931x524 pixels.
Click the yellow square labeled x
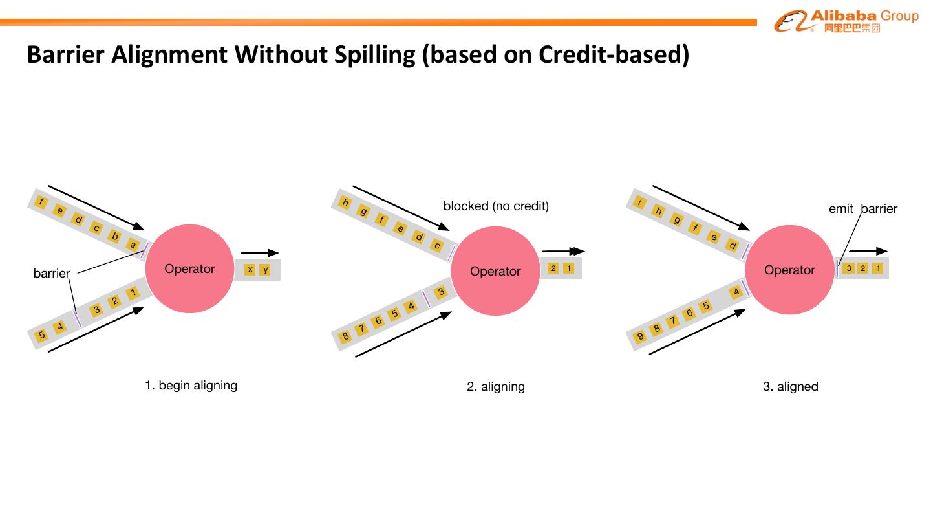point(250,269)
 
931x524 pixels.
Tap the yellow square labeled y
point(265,269)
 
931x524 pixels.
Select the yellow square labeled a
point(133,245)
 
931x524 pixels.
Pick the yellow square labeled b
point(115,236)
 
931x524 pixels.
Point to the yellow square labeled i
point(640,202)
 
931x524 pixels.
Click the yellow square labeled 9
point(640,336)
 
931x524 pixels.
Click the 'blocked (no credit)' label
point(496,206)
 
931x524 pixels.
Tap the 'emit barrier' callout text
point(862,208)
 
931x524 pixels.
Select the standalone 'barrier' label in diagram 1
point(51,274)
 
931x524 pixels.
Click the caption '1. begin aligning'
point(191,386)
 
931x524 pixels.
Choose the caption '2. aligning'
point(496,387)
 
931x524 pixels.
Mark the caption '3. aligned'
point(790,387)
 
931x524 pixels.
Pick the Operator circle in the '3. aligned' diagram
point(789,270)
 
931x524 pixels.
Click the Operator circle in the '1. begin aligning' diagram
point(189,268)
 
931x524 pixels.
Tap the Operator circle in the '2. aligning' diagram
point(495,271)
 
